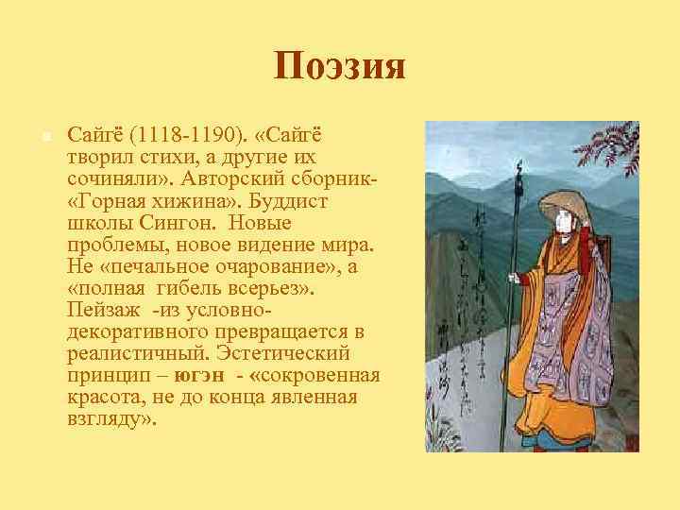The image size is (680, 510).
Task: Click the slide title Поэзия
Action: point(340,67)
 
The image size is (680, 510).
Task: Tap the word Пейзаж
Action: point(103,310)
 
